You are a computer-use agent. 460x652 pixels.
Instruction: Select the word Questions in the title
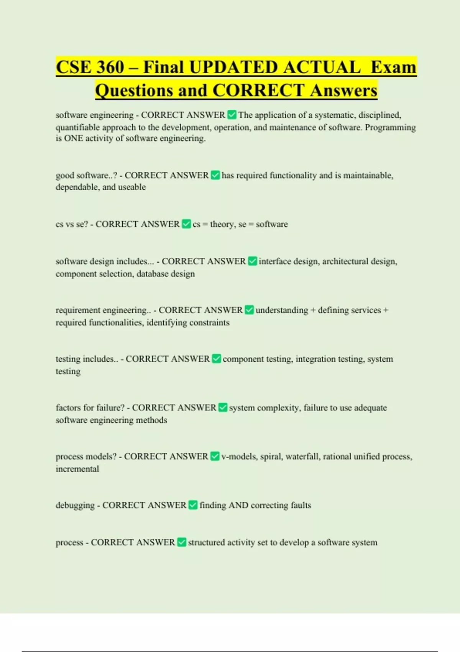click(x=134, y=91)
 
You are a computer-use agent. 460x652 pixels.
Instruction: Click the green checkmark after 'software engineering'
click(x=232, y=115)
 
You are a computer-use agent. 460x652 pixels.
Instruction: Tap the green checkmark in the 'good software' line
click(x=215, y=175)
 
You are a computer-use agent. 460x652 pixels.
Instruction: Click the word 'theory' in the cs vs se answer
click(x=222, y=224)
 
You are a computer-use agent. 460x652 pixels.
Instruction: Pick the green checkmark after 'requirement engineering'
click(x=249, y=310)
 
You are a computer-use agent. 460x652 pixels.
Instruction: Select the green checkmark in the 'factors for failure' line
click(x=223, y=408)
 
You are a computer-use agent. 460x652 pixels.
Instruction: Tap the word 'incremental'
click(x=77, y=469)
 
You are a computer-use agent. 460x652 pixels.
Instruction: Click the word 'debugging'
click(x=75, y=505)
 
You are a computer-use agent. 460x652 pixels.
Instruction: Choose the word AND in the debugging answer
click(x=238, y=505)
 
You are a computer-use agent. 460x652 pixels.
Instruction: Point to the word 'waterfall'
click(x=302, y=457)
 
